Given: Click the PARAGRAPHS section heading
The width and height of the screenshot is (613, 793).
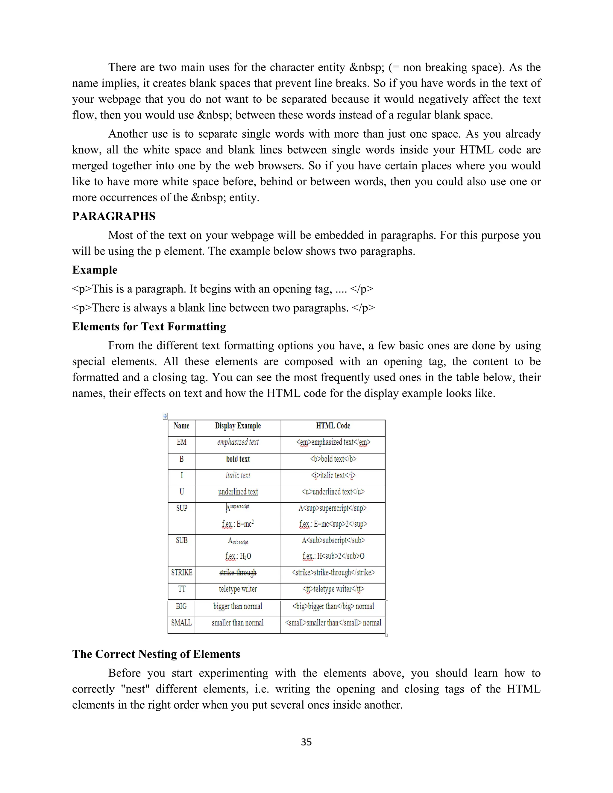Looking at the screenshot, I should pos(114,216).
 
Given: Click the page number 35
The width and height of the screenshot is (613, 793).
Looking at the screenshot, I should pos(306,742).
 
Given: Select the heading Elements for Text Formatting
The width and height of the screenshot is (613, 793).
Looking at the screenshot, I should pos(149,326).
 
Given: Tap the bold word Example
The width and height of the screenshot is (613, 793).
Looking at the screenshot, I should pos(95,270).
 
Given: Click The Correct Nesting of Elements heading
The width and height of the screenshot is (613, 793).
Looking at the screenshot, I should pos(156,654).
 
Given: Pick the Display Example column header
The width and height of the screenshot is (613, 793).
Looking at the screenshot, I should pos(238,426).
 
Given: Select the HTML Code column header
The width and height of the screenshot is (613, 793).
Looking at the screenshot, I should pos(333,426).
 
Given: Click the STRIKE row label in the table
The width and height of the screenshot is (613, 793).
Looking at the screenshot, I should pos(182,572).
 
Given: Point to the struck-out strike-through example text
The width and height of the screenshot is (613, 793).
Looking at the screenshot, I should pos(238,572).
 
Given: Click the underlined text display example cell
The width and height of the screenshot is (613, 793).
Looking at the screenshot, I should pos(238,492).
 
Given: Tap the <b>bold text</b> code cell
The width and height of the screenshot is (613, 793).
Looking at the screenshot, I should pos(333,459).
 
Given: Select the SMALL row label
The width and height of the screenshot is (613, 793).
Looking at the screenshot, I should pos(181,623).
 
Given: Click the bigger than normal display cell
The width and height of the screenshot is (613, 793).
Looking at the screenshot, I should pos(238,606).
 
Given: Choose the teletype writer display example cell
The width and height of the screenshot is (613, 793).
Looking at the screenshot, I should pos(238,589).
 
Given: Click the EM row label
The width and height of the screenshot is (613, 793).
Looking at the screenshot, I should pos(182,442).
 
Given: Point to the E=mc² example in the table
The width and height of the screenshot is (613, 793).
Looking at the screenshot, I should pos(238,524).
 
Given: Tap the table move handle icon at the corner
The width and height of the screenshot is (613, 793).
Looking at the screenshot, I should pos(165,416).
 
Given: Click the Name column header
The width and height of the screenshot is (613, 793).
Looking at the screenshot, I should pos(182,426).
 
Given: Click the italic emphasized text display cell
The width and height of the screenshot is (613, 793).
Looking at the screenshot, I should pos(238,442).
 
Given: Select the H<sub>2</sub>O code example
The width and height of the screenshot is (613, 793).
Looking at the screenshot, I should pos(333,556).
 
